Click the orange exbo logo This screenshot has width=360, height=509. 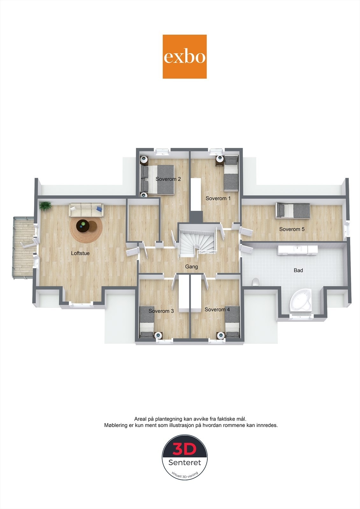pyautogui.click(x=185, y=57)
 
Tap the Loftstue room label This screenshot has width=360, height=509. pyautogui.click(x=80, y=254)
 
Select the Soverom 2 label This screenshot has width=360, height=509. pyautogui.click(x=168, y=179)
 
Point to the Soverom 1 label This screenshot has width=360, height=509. pyautogui.click(x=218, y=198)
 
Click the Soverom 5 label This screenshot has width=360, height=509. pyautogui.click(x=292, y=229)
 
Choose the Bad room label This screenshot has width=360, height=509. pyautogui.click(x=298, y=270)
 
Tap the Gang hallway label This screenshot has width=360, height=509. pyautogui.click(x=192, y=267)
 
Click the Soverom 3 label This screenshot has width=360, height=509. pyautogui.click(x=161, y=311)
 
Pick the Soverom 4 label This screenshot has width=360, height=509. pyautogui.click(x=217, y=309)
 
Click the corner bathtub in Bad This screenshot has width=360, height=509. pyautogui.click(x=300, y=300)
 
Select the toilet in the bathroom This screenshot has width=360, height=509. pyautogui.click(x=255, y=282)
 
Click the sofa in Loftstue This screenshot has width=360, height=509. pyautogui.click(x=86, y=210)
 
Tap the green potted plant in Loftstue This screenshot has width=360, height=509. pyautogui.click(x=45, y=206)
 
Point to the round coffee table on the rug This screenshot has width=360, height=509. pyautogui.click(x=83, y=226)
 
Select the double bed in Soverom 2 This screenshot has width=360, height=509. pyautogui.click(x=158, y=180)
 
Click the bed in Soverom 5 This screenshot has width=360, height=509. pyautogui.click(x=293, y=211)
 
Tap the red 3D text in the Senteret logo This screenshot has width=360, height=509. pyautogui.click(x=185, y=450)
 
